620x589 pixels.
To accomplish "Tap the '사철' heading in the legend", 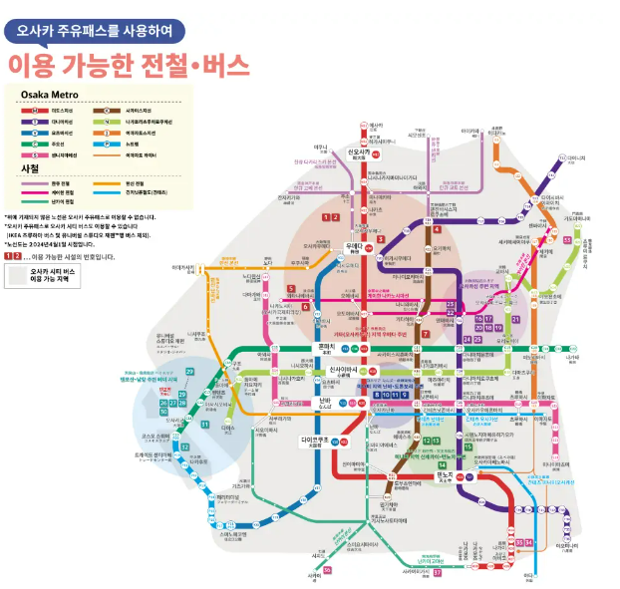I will coord(30,169).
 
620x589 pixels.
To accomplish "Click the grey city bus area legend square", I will coord(17,276).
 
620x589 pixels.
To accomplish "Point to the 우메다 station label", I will coord(354,246).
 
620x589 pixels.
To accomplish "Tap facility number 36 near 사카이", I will coord(327,569).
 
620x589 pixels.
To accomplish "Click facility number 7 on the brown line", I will coord(425,334).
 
